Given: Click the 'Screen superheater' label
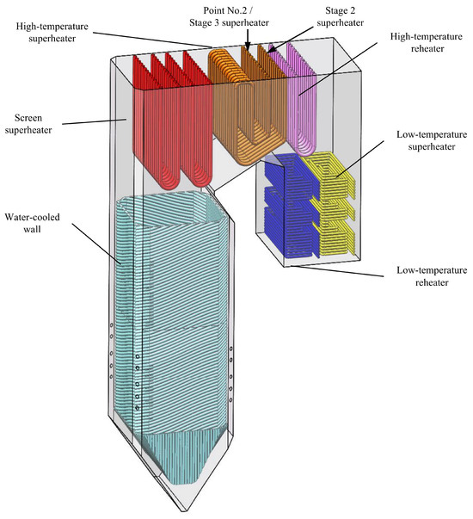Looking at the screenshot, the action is coord(28,124).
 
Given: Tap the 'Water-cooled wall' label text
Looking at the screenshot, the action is coord(32,223).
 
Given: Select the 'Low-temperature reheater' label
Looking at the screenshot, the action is coord(432,276).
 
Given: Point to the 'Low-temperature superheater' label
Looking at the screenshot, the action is coord(432,140).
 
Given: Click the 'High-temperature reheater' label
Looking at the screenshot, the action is coord(427,42).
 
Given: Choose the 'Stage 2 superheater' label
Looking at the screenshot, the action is coord(340,16).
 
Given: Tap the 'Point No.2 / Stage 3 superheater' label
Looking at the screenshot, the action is coord(229,16).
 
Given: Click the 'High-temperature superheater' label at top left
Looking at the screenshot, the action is coord(52,32).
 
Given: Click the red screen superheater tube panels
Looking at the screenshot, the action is coord(172,119).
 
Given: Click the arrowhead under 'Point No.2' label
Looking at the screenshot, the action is coord(248,48).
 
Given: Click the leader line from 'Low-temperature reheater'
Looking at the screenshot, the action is coord(336,271).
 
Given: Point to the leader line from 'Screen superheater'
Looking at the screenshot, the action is coord(95,122).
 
